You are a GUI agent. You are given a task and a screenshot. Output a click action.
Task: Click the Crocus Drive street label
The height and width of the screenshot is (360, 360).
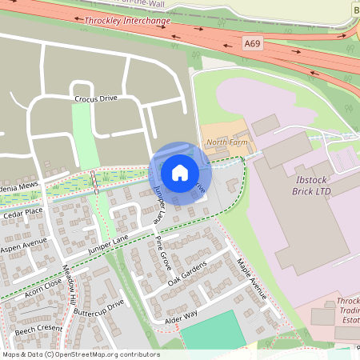click(96, 98)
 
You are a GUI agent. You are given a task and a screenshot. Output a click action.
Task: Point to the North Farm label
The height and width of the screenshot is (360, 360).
click(222, 142)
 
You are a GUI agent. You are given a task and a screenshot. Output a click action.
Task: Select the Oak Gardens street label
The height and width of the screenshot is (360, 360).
click(188, 274)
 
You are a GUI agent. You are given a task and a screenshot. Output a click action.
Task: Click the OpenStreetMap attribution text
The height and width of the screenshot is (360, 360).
click(80, 354)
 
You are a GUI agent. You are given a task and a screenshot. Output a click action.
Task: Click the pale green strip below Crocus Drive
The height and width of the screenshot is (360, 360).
click(85, 135)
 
